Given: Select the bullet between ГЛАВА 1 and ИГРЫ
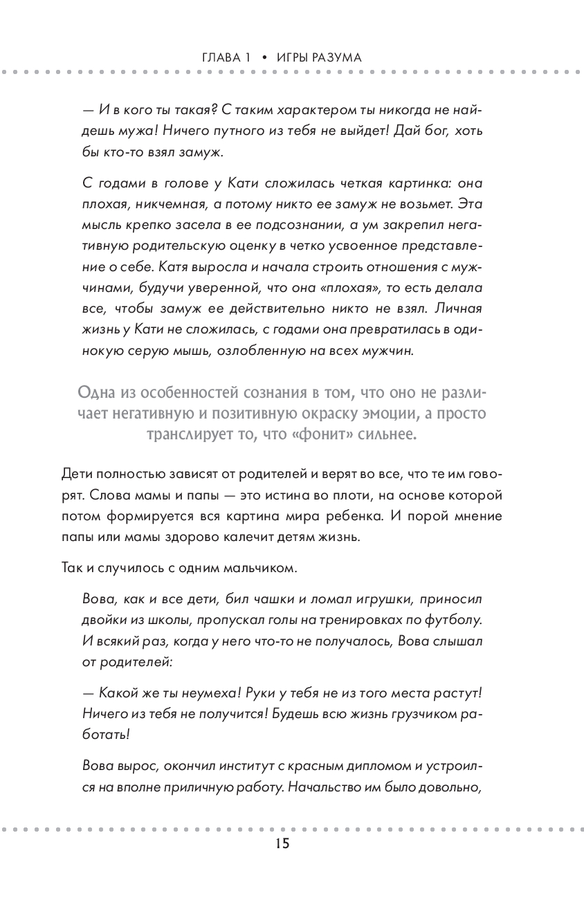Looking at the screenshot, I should [x=264, y=57].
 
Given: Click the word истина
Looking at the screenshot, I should [x=289, y=497].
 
